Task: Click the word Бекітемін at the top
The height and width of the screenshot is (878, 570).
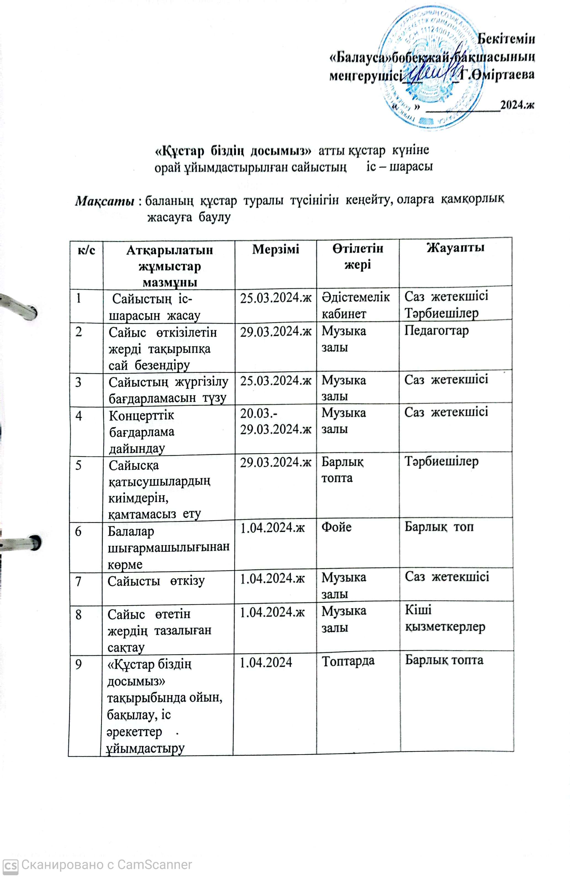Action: pos(506,39)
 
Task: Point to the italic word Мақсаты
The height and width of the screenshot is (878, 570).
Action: pos(104,201)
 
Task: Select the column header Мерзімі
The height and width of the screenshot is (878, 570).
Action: pos(275,250)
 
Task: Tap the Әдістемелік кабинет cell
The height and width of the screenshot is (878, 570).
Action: pos(356,305)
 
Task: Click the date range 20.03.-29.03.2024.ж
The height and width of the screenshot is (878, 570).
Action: pos(275,421)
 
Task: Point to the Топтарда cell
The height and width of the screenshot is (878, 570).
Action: pos(348,661)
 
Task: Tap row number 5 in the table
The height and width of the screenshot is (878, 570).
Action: pos(79,465)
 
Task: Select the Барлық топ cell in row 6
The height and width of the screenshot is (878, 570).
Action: pos(439,526)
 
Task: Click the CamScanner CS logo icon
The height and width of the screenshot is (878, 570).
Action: pos(10,865)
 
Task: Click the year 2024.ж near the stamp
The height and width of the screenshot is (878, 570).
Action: pos(517,105)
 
